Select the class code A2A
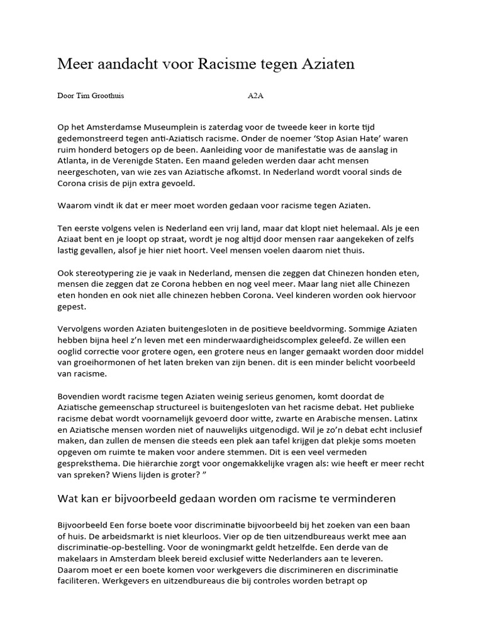(256, 96)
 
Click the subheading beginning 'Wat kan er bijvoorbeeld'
(226, 499)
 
